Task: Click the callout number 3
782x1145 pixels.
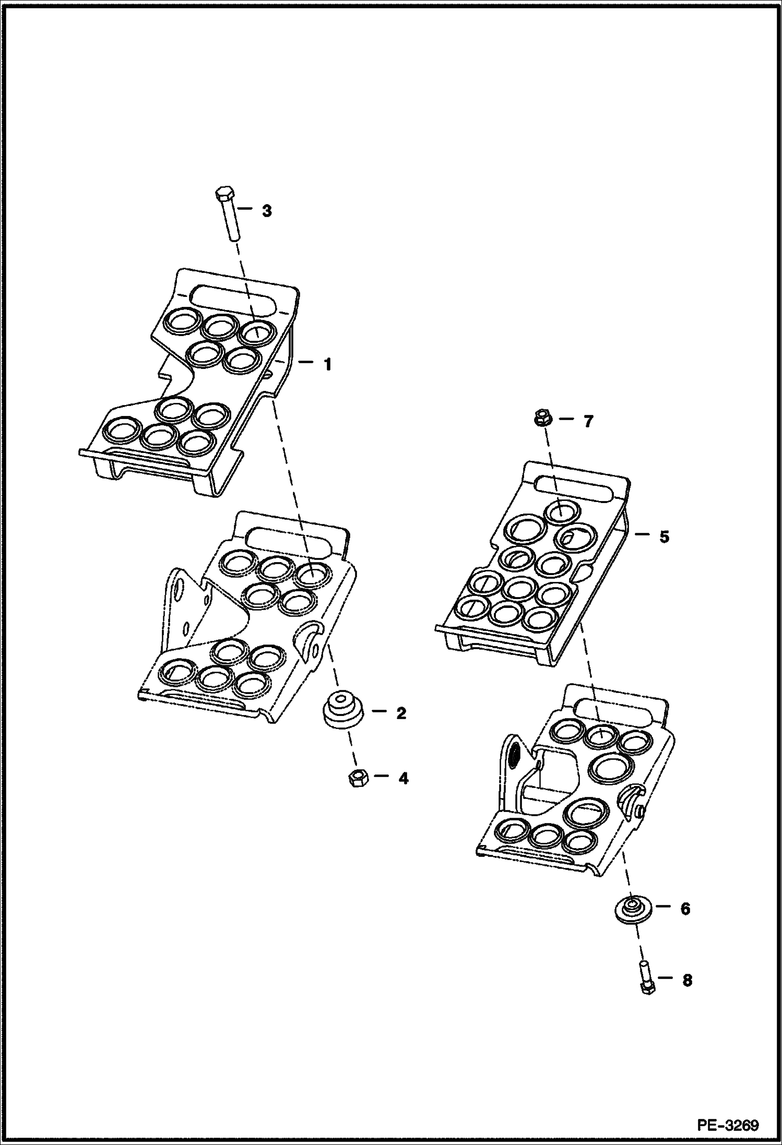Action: tap(266, 211)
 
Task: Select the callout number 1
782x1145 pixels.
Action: tap(327, 364)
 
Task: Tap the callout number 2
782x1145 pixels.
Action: tap(400, 713)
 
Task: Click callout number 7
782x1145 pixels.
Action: tap(588, 421)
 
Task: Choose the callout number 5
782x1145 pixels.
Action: tap(663, 536)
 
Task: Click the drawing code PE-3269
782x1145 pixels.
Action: tap(728, 1123)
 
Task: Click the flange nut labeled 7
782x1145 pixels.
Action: tap(541, 418)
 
